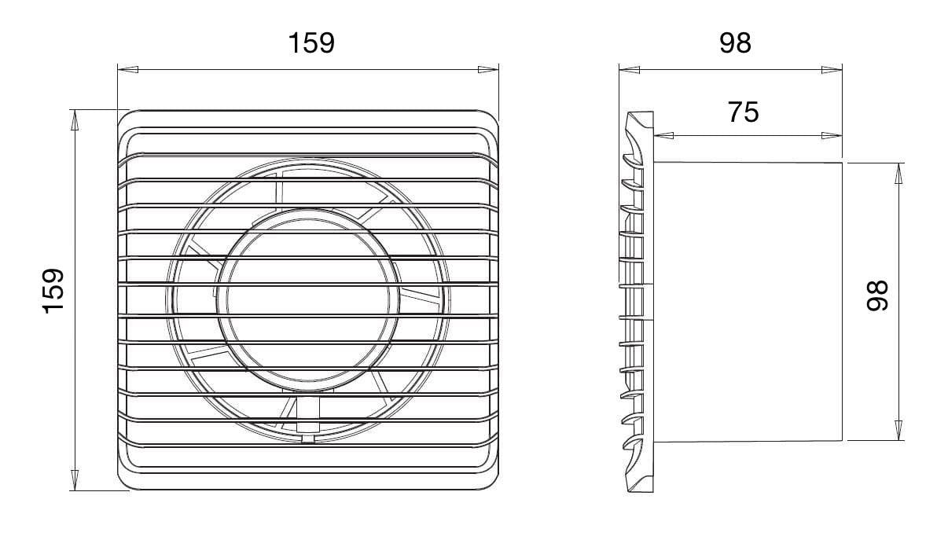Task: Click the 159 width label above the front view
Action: [311, 42]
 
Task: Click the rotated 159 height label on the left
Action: [53, 291]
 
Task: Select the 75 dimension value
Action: [743, 112]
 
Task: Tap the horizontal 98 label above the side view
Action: [735, 42]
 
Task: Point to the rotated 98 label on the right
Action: [877, 296]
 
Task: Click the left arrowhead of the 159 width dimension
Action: [127, 70]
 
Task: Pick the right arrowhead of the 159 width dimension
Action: [488, 70]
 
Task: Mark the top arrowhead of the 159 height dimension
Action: [75, 120]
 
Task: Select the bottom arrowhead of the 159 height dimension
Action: [75, 480]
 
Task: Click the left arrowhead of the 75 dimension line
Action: [663, 135]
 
